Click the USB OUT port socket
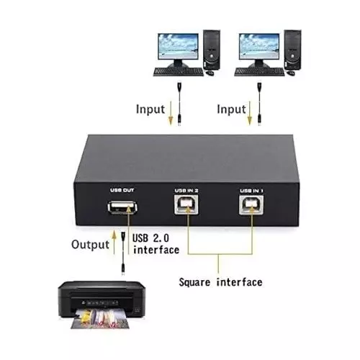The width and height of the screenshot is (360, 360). tap(120, 210)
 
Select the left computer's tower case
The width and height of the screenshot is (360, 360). tap(210, 50)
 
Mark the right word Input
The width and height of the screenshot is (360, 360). tap(232, 109)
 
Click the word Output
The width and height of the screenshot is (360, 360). tap(89, 244)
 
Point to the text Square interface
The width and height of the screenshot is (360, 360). tap(220, 282)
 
